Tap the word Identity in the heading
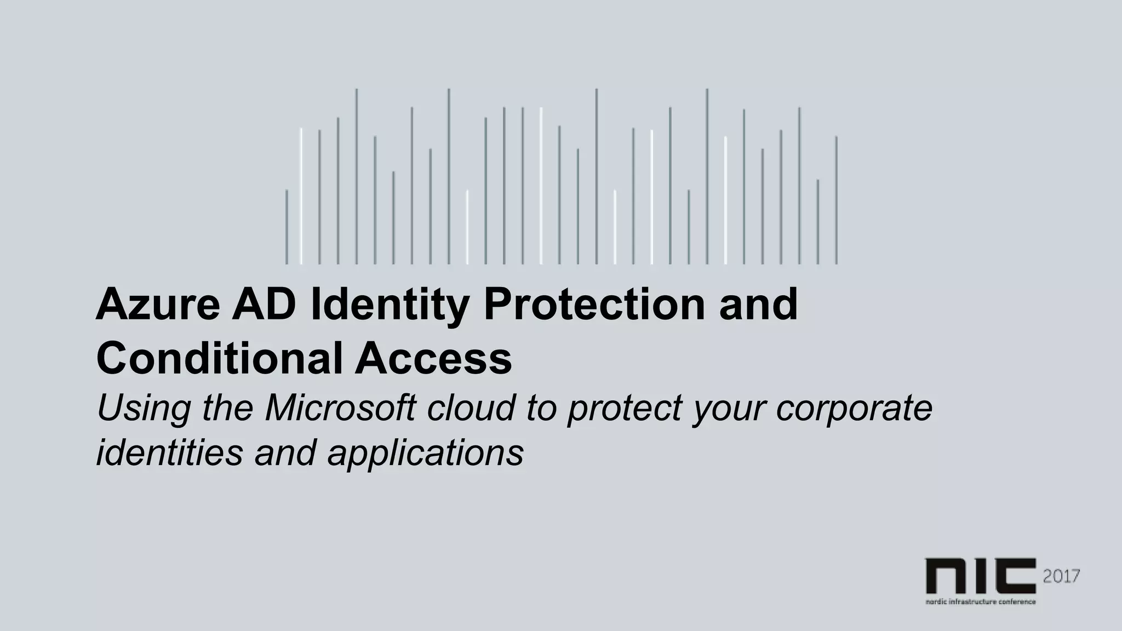(x=390, y=306)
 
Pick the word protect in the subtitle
(x=624, y=409)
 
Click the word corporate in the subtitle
(x=854, y=409)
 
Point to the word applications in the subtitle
(x=425, y=454)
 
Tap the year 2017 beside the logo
(x=1061, y=576)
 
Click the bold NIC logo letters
(x=980, y=576)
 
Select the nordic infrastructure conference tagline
(x=980, y=601)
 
